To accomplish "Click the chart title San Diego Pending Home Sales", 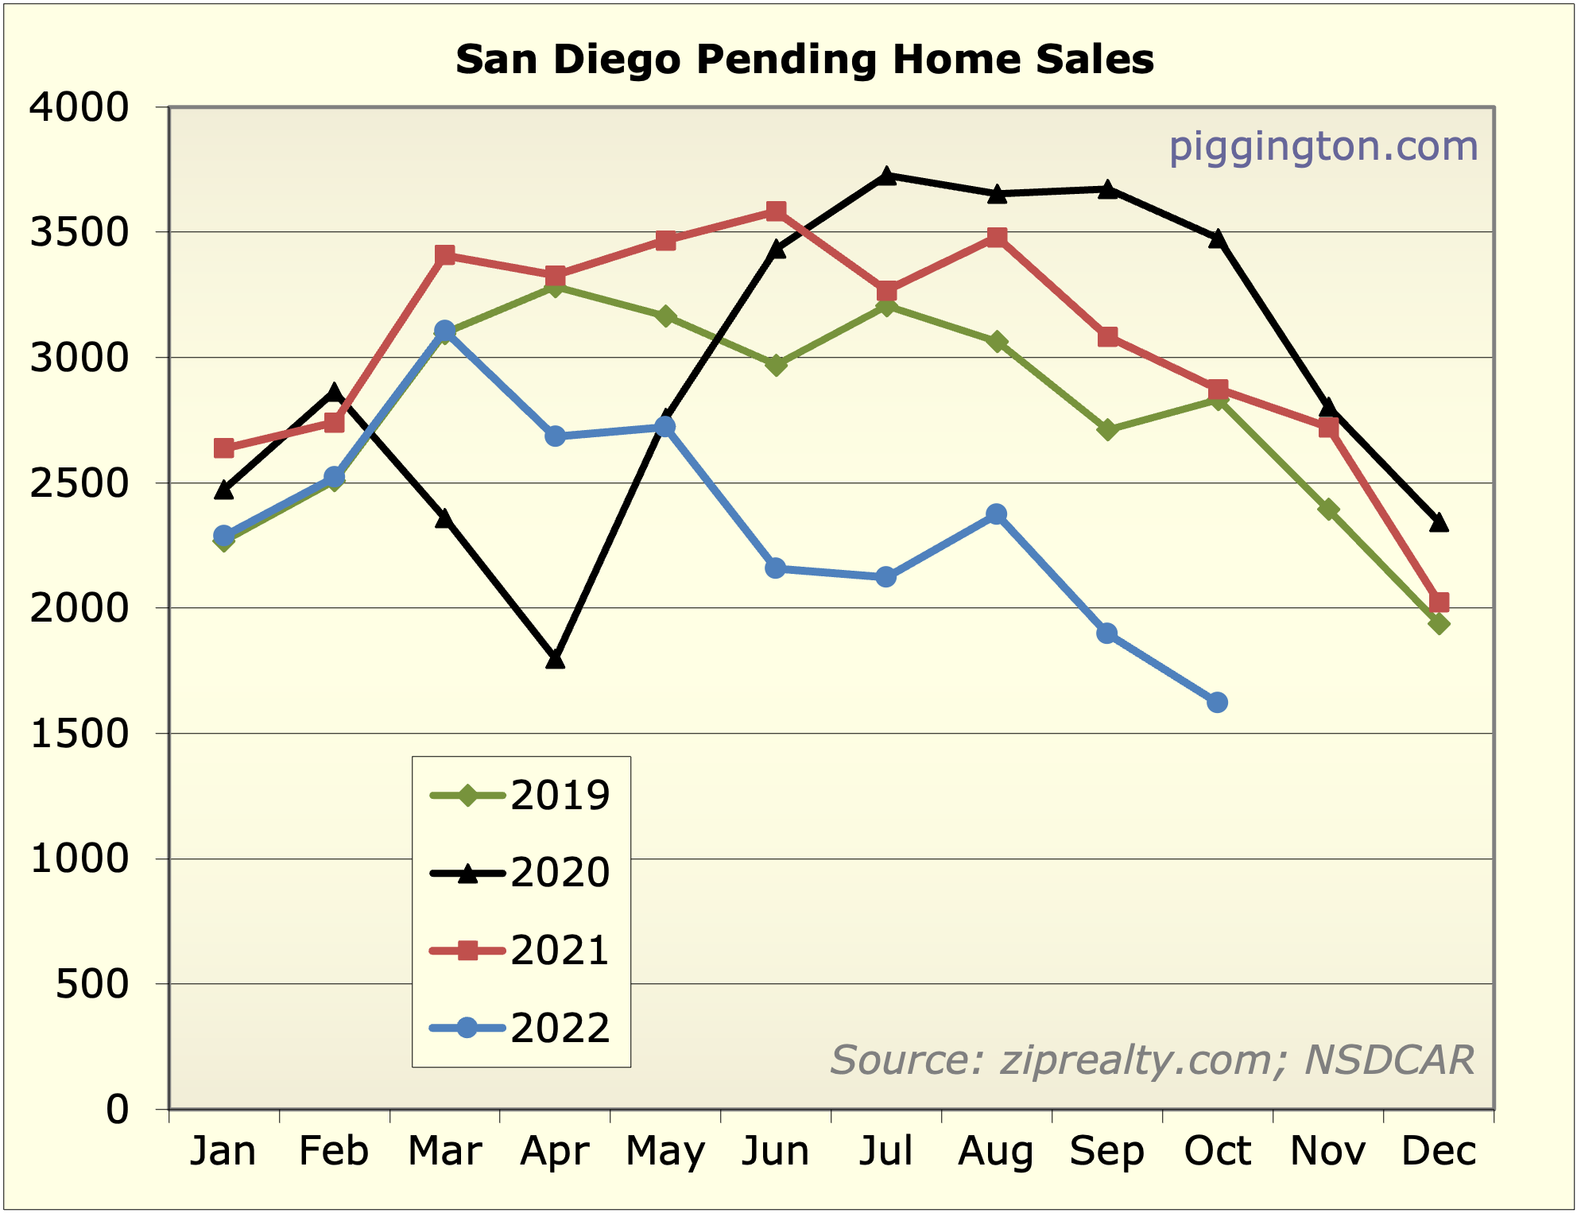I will coord(804,60).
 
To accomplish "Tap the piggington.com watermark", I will coord(1323,147).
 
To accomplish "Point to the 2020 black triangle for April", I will coord(555,659).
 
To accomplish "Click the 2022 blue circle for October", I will coord(1217,703).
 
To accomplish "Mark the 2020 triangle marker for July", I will coord(886,176).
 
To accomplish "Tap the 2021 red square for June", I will coord(776,211).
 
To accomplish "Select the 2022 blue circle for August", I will coord(996,514).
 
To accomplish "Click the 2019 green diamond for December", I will coord(1438,624).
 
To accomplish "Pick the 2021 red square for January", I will coord(224,448).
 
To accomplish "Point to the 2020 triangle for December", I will coord(1438,522).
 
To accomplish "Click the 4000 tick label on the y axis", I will coord(79,107).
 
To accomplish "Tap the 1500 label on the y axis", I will coord(79,734).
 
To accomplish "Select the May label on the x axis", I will coord(665,1151).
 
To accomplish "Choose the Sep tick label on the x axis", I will coord(1106,1151).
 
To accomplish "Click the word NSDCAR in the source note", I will coord(1389,1060).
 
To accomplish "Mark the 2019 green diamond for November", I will coord(1327,510).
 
